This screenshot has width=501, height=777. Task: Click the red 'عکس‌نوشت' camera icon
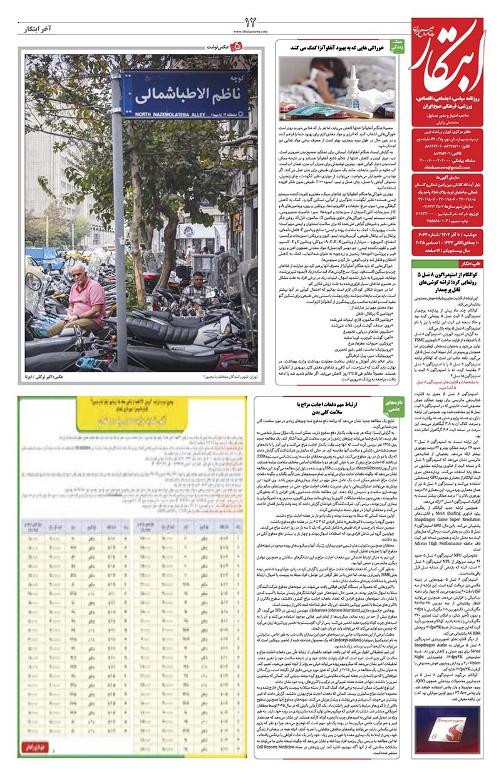pyautogui.click(x=236, y=47)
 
